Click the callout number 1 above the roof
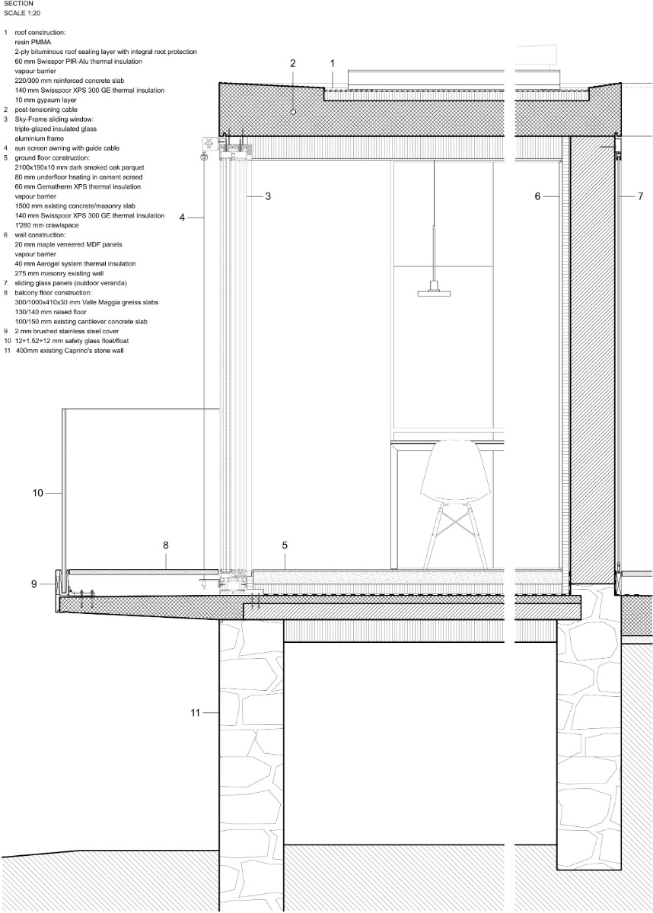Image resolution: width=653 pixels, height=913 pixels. click(333, 63)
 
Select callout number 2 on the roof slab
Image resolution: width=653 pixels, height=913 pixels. click(292, 63)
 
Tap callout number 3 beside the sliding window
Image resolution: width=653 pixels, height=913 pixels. click(269, 196)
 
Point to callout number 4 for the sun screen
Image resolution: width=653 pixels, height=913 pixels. click(183, 218)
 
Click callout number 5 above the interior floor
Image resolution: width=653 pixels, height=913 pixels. click(285, 545)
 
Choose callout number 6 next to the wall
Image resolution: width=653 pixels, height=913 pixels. click(537, 196)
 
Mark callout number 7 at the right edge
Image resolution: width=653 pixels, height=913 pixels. click(641, 196)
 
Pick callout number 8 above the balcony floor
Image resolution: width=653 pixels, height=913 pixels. click(165, 545)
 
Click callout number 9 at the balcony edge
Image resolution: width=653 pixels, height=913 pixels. click(33, 584)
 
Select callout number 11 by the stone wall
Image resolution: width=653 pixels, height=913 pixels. click(196, 713)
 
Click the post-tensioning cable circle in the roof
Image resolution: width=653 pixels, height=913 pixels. click(293, 112)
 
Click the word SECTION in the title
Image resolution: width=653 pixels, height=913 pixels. click(18, 4)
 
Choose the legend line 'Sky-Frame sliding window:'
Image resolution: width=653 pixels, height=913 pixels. click(53, 119)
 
